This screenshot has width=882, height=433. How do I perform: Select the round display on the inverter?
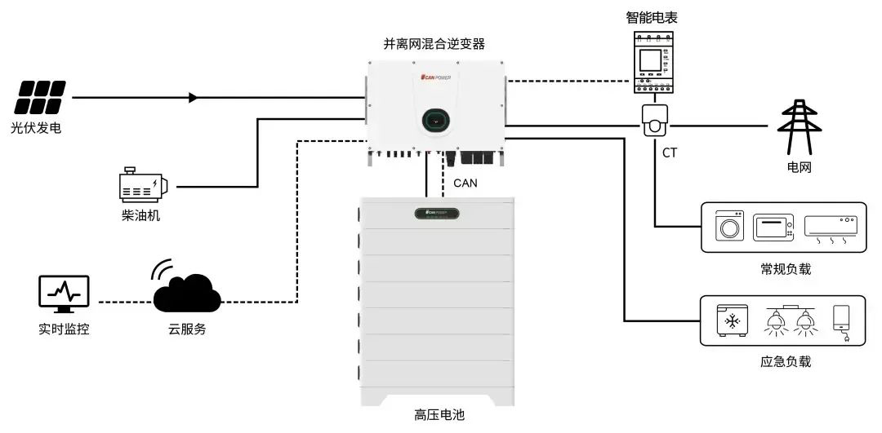[437, 120]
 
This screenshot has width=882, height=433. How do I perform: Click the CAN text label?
[465, 183]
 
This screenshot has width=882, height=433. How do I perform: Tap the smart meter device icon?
[653, 60]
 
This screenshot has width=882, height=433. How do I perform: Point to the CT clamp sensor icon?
[654, 121]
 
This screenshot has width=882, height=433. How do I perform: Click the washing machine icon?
[729, 227]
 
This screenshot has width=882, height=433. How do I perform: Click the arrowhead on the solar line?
[194, 98]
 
